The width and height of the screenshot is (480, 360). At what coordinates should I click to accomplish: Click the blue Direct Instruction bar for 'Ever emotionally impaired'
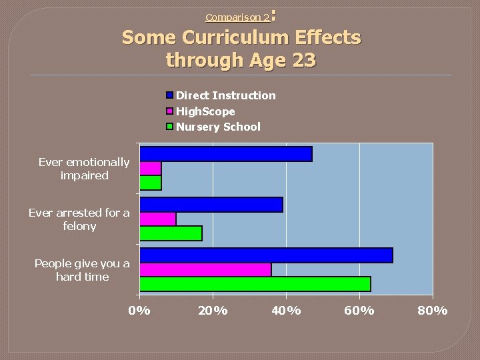225,154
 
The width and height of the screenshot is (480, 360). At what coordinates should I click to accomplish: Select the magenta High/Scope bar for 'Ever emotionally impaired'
150,168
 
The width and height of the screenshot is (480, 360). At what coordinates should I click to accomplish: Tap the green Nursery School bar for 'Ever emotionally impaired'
150,183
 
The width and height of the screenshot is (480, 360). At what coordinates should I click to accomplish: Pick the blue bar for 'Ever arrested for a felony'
211,205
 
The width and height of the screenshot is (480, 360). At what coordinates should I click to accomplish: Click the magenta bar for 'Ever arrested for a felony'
157,219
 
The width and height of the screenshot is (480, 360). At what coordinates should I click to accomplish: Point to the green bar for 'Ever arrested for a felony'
171,233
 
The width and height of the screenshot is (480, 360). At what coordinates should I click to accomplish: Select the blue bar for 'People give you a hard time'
266,255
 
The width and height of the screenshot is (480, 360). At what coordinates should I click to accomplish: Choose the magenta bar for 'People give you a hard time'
205,269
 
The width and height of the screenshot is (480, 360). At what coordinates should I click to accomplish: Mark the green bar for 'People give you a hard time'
255,284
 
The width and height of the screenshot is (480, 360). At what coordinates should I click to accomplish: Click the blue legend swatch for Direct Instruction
170,95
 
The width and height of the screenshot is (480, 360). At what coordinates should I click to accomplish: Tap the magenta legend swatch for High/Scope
170,111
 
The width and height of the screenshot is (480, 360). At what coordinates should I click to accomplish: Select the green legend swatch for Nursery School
170,127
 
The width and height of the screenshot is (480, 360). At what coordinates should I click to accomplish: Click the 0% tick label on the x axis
139,311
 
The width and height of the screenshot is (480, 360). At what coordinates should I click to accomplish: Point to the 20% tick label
213,311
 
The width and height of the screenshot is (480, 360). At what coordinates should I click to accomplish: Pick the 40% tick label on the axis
286,311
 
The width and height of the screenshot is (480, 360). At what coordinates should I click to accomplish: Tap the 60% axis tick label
359,311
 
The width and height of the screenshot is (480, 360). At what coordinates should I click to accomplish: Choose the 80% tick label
433,311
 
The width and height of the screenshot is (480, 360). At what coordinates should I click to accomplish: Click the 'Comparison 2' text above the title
237,17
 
